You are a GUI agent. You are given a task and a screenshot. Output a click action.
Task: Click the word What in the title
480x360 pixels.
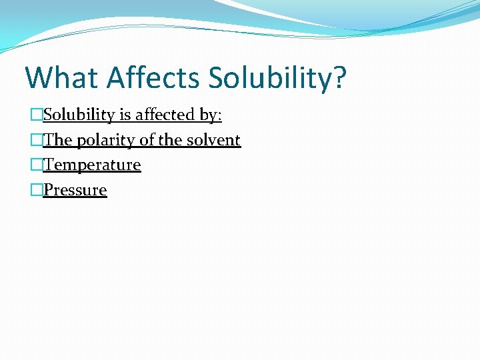coord(61,77)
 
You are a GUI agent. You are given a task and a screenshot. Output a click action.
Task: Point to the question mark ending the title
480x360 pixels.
coord(340,77)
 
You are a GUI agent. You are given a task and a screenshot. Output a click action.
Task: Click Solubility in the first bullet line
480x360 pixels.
coord(79,115)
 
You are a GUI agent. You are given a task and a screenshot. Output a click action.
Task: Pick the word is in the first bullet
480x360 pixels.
coord(125,115)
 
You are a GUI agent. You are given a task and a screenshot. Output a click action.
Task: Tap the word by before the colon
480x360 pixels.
coord(208,115)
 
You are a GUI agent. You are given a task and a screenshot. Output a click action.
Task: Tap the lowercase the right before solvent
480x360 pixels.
coord(171,140)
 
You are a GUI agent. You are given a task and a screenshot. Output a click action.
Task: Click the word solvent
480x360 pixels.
coord(213,140)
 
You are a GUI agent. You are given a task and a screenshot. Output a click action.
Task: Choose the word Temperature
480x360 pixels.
coord(92,165)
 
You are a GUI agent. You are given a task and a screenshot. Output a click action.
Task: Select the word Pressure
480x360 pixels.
coord(75,190)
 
